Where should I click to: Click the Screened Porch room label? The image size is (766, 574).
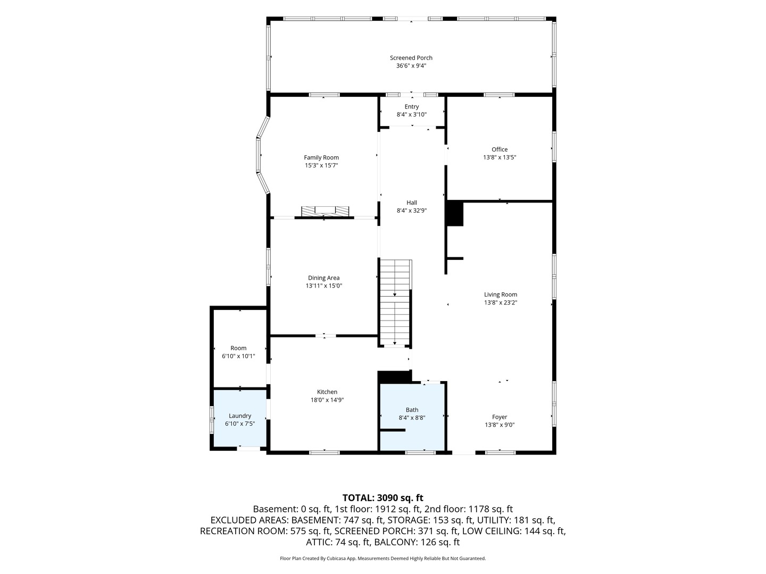(x=411, y=58)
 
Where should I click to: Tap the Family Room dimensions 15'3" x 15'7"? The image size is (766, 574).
(x=321, y=165)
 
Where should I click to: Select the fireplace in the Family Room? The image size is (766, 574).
(x=325, y=211)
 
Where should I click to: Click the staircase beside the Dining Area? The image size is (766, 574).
(x=394, y=302)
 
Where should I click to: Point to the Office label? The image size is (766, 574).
(x=499, y=149)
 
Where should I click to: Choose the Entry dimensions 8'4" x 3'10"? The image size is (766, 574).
(x=411, y=114)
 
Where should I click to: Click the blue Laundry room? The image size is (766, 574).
(x=240, y=418)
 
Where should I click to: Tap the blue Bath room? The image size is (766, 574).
(x=412, y=417)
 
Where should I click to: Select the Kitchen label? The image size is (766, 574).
(x=327, y=392)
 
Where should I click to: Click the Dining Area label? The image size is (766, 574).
(x=323, y=278)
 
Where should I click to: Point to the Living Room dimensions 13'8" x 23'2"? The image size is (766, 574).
(x=500, y=302)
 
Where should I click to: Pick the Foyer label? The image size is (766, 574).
(x=499, y=417)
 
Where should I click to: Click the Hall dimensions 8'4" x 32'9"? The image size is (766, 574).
(x=411, y=210)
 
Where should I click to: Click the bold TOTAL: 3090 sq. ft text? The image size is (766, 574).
(x=382, y=497)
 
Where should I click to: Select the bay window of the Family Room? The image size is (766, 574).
(x=263, y=155)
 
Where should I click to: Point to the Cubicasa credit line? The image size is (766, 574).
(x=382, y=558)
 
